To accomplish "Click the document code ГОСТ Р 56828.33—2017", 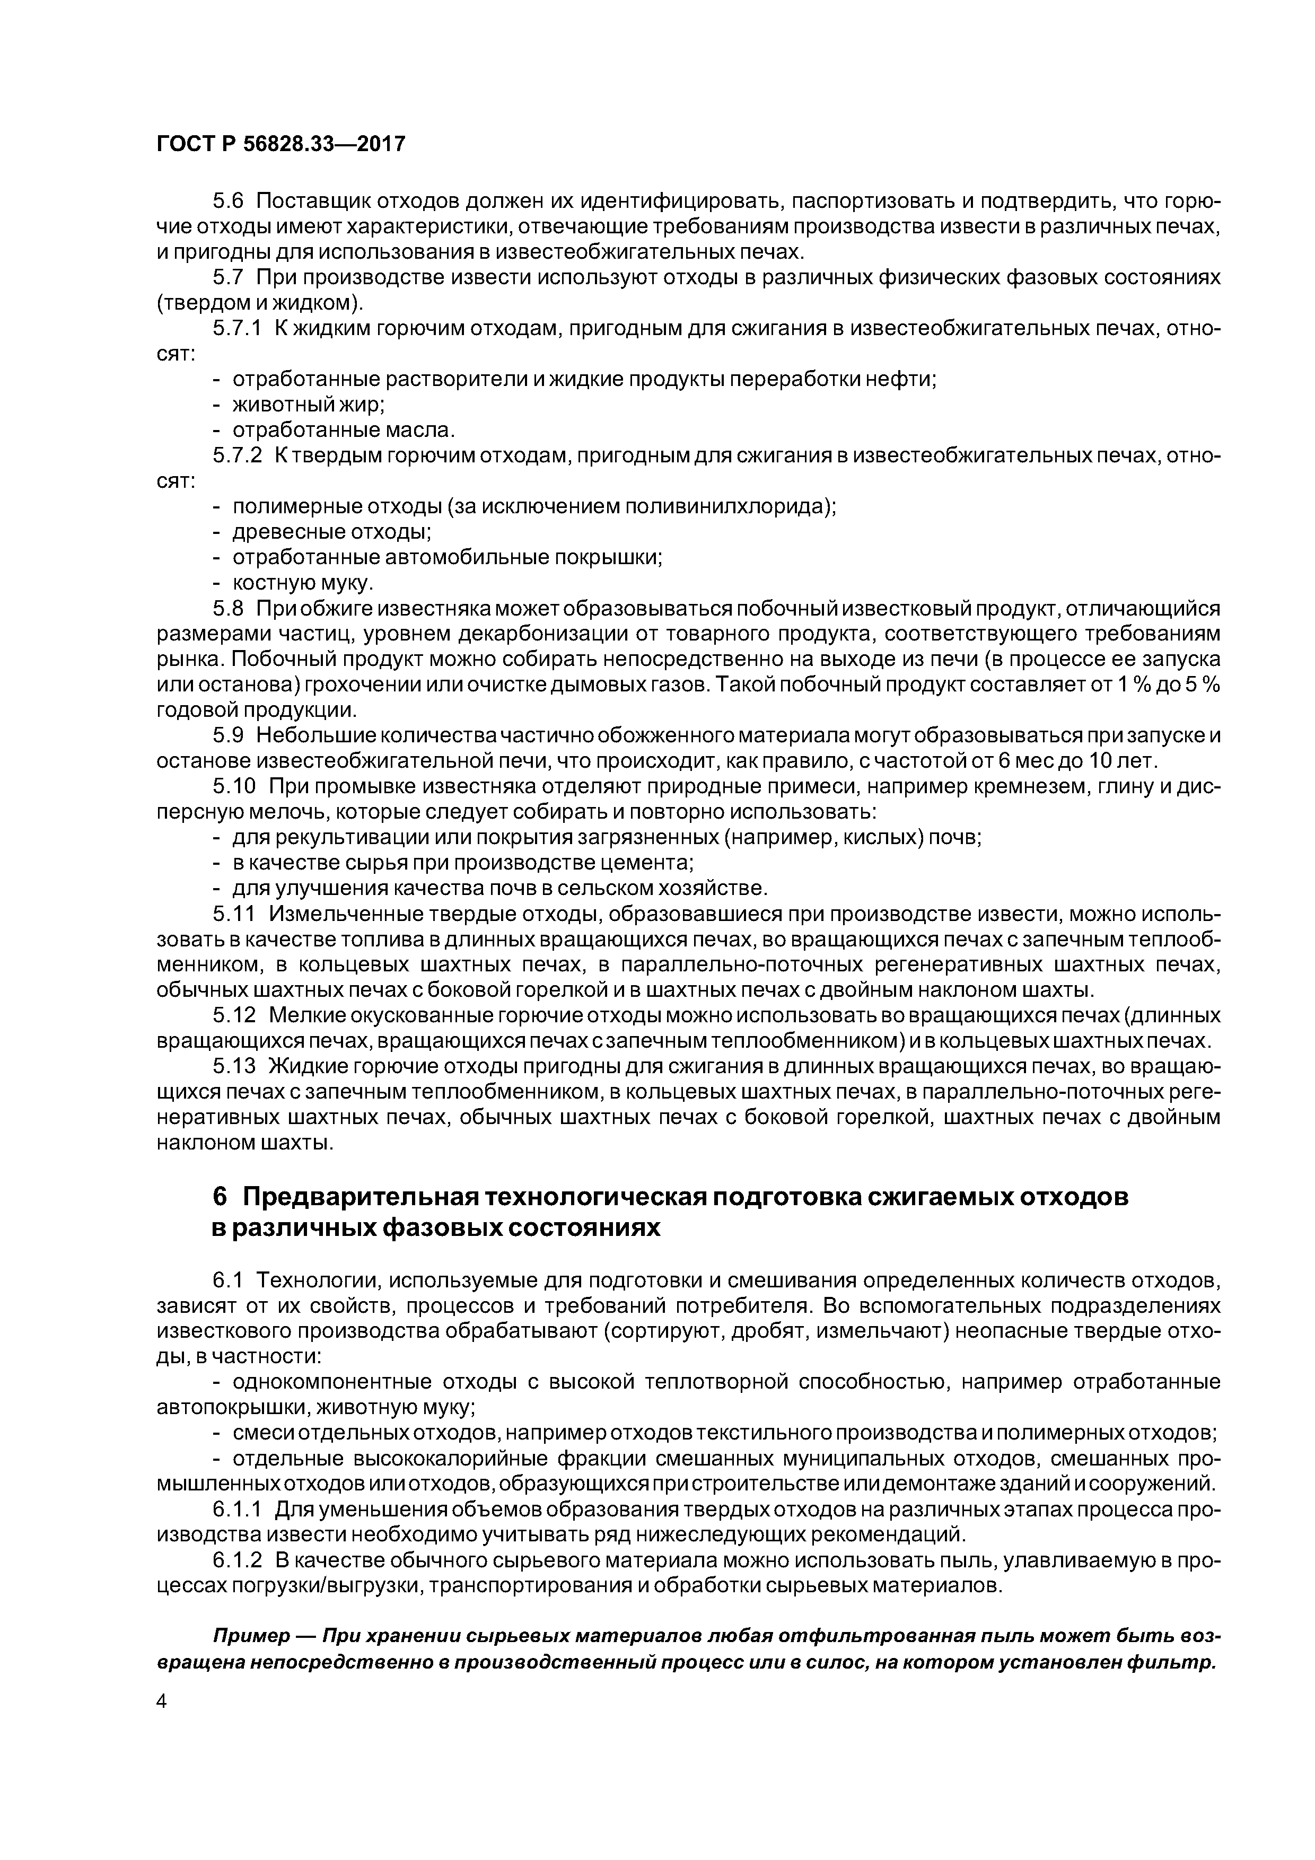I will coord(279,144).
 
